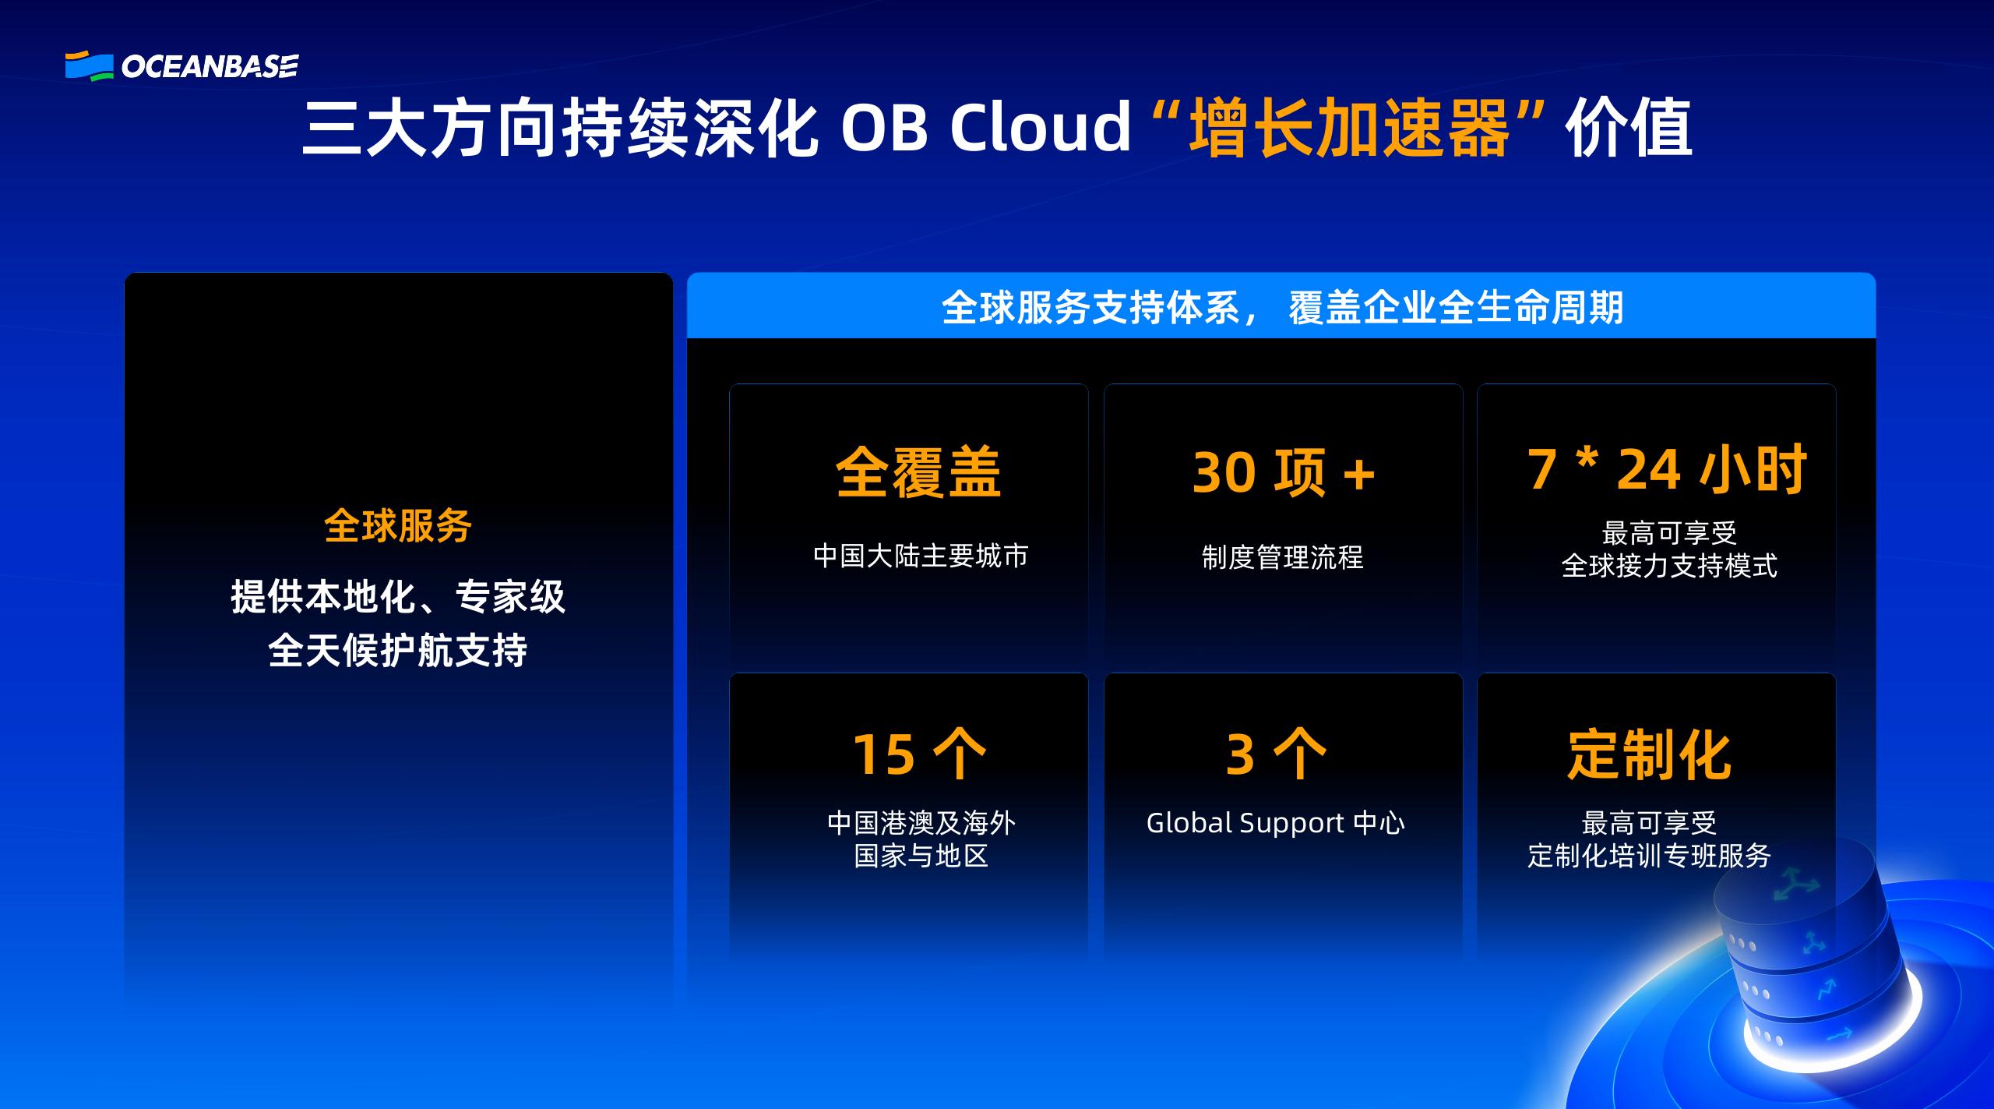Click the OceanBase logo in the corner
181,66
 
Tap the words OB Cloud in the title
985,129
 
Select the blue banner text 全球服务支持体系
1090,307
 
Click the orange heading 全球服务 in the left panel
398,526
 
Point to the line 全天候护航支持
398,649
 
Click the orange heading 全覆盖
918,472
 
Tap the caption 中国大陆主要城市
921,556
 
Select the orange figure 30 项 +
1283,472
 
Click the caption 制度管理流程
1283,557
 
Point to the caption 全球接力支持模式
1669,566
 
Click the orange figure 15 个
919,754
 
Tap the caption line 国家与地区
921,856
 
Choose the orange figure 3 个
1276,754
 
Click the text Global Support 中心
1275,823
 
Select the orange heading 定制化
1649,754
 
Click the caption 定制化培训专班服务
1649,856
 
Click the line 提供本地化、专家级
398,598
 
